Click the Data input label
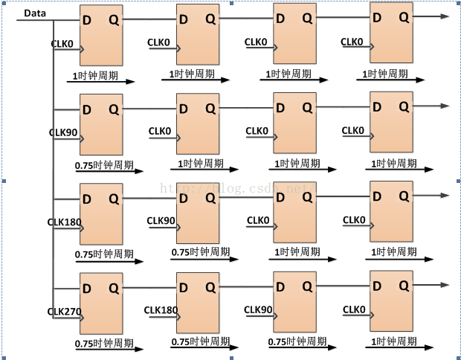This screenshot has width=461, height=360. click(x=35, y=13)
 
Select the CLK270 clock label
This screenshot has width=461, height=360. click(x=63, y=311)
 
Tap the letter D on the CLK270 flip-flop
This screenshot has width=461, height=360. click(x=88, y=288)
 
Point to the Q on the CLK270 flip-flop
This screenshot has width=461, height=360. click(x=113, y=288)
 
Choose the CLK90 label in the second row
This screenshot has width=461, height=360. click(x=63, y=132)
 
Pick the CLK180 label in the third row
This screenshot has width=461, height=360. click(x=63, y=222)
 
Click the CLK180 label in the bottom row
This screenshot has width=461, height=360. click(x=160, y=309)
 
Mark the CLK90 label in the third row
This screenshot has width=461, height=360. click(x=161, y=220)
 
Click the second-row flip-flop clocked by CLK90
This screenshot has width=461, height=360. click(x=101, y=125)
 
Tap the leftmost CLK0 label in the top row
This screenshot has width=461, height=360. click(x=62, y=44)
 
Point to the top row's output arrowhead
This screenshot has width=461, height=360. click(x=445, y=16)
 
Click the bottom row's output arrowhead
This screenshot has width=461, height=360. click(x=445, y=284)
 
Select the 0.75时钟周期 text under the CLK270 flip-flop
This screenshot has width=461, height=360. click(x=104, y=344)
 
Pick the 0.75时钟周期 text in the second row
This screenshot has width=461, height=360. click(x=104, y=165)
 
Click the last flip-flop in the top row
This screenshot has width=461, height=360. click(x=391, y=33)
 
